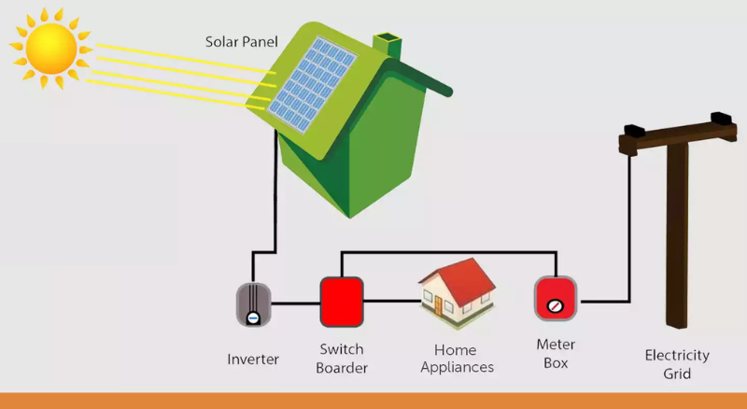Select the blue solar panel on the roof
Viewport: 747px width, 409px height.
pyautogui.click(x=314, y=84)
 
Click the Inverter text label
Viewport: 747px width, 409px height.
pyautogui.click(x=253, y=359)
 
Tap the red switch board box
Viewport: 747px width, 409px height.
pyautogui.click(x=341, y=301)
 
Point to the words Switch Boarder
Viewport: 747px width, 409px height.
pyautogui.click(x=342, y=359)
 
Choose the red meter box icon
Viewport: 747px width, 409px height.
pyautogui.click(x=555, y=299)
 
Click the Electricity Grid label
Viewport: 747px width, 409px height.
pyautogui.click(x=677, y=364)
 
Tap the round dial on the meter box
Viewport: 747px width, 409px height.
pyautogui.click(x=555, y=305)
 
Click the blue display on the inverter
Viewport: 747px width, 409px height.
pyautogui.click(x=253, y=317)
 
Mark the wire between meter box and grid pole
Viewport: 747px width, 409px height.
pyautogui.click(x=607, y=301)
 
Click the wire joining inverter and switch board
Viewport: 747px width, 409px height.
pyautogui.click(x=297, y=302)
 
